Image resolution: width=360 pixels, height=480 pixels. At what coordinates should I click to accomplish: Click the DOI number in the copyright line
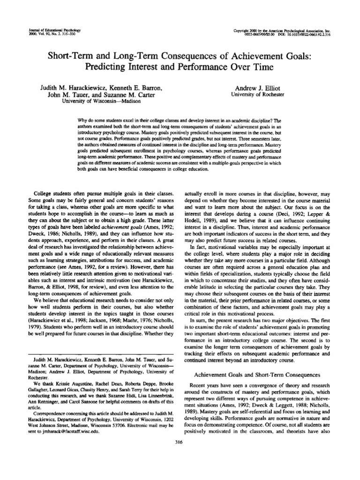[x=312, y=34]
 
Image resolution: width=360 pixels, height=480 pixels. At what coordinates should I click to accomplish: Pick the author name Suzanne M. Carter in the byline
[x=136, y=95]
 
